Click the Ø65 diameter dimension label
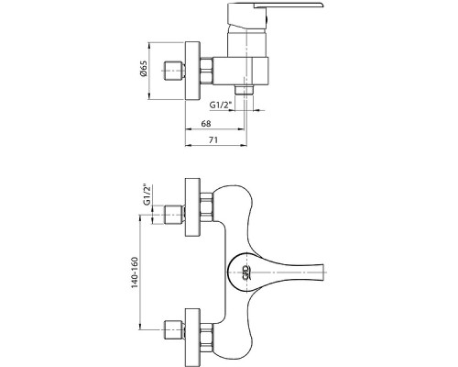[x=144, y=69]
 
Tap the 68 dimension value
[x=206, y=124]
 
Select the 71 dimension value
[x=213, y=140]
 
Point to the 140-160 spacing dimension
[x=135, y=272]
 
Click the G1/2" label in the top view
[x=221, y=105]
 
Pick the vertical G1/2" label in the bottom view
[x=147, y=195]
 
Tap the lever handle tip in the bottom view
[x=323, y=272]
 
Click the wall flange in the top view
[x=192, y=71]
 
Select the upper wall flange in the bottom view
[x=192, y=207]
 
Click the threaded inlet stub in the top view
[x=174, y=71]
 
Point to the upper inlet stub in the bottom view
[x=174, y=215]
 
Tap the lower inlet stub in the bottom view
[x=174, y=329]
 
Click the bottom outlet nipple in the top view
[x=245, y=90]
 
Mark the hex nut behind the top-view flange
[x=206, y=71]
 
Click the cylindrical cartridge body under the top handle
[x=247, y=42]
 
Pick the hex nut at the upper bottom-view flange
[x=206, y=207]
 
